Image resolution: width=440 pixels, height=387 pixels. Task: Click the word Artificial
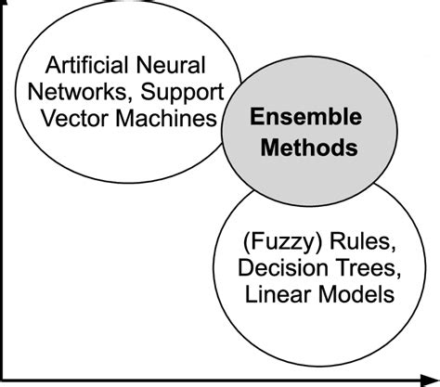(x=87, y=67)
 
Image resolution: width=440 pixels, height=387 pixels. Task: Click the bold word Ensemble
(x=295, y=119)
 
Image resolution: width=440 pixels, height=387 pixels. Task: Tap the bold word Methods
(x=295, y=146)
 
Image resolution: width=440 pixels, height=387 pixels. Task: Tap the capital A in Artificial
(x=52, y=67)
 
